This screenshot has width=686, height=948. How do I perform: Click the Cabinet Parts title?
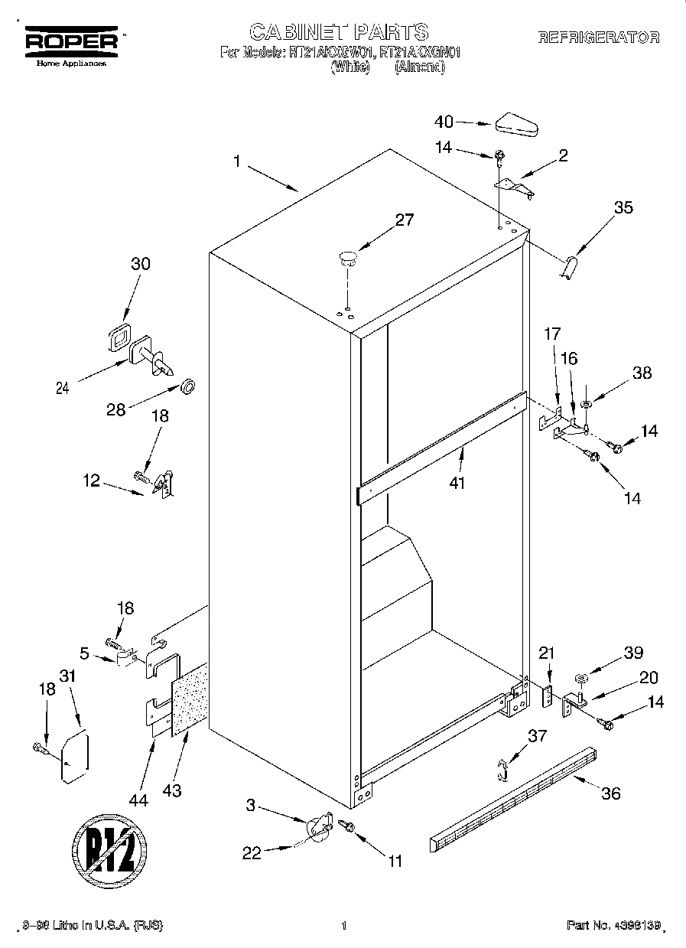coord(339,32)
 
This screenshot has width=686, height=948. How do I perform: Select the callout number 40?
coord(444,121)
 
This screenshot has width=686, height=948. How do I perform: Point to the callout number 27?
coord(404,220)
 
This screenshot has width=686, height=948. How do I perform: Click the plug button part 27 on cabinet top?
coord(348,257)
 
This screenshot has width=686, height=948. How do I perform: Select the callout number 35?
coord(623,207)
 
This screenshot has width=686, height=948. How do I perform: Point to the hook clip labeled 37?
coord(500,769)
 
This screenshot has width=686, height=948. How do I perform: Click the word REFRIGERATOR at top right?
coord(598,37)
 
